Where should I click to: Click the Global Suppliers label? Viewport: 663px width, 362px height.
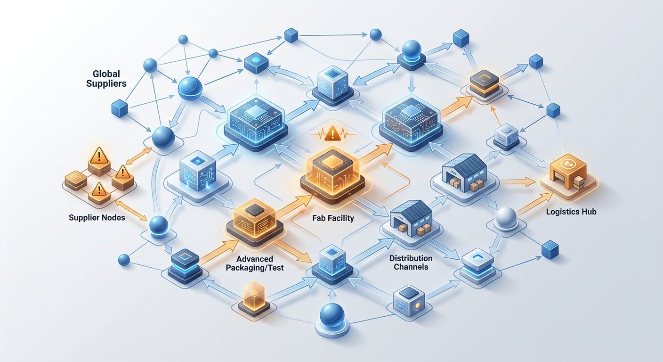tap(106, 79)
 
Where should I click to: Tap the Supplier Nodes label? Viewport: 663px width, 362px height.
tap(97, 218)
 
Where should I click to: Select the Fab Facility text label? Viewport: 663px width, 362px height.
tap(333, 218)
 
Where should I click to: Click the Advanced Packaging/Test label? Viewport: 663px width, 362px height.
tap(255, 263)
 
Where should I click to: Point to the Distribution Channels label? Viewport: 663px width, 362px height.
tap(411, 263)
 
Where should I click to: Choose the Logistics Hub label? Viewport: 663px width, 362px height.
tap(571, 212)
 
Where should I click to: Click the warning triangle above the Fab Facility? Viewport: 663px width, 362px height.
tap(333, 133)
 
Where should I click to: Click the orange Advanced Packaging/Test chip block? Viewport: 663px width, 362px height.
tap(255, 222)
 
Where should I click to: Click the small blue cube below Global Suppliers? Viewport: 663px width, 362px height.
tap(120, 108)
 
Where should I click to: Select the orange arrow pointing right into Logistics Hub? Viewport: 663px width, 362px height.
tap(517, 181)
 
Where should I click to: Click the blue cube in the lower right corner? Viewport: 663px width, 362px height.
tap(550, 249)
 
